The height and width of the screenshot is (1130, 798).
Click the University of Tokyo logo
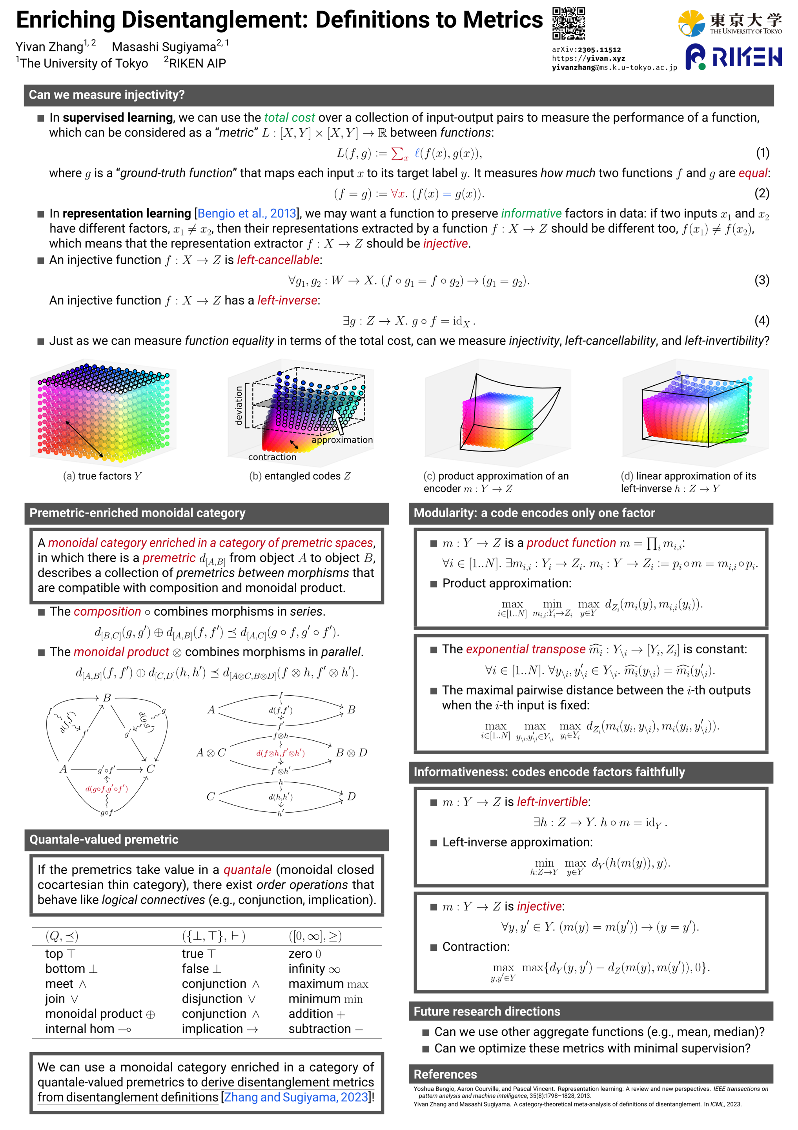(730, 23)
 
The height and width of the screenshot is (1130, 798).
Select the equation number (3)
(762, 281)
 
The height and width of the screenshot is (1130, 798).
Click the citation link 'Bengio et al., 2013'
(247, 213)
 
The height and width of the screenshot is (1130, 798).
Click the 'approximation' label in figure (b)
(342, 440)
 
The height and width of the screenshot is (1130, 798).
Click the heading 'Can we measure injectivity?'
(107, 95)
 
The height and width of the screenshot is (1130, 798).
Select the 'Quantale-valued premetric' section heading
(104, 840)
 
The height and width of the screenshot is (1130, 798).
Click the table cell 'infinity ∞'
(314, 969)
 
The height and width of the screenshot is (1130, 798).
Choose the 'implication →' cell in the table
(220, 1029)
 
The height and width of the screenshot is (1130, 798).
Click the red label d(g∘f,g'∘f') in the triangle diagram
(107, 789)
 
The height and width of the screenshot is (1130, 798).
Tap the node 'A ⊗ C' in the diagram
(211, 753)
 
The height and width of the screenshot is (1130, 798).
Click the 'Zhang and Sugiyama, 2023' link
(296, 1097)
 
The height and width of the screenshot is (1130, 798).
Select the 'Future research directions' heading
(487, 1012)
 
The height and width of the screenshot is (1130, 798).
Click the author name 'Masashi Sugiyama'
(164, 47)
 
